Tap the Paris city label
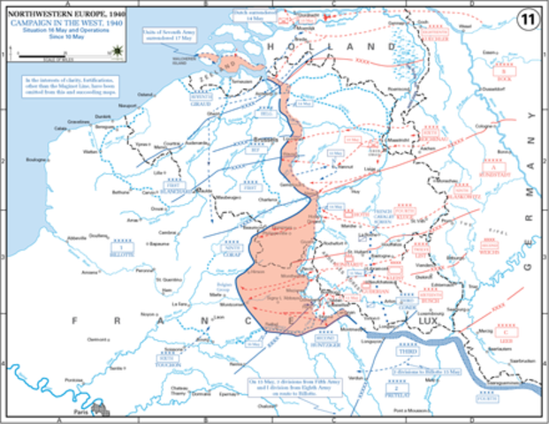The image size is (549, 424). (82, 409)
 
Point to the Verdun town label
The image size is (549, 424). (354, 376)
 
